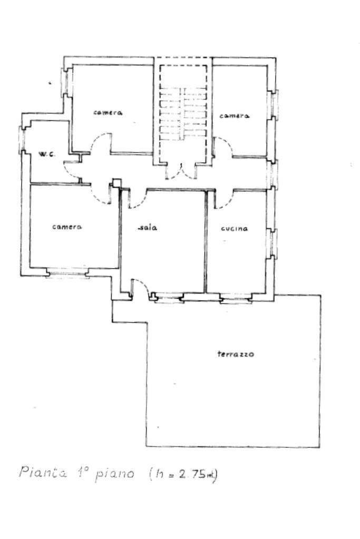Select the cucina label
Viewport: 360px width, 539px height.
[x=235, y=229]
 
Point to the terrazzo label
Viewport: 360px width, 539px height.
[x=236, y=354]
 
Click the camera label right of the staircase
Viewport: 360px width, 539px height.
[x=234, y=116]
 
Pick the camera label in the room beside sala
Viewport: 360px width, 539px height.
[x=67, y=227]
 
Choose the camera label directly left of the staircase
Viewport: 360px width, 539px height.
[x=108, y=112]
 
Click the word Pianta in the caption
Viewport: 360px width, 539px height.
[x=44, y=473]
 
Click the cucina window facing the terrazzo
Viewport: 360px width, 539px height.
[x=235, y=300]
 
